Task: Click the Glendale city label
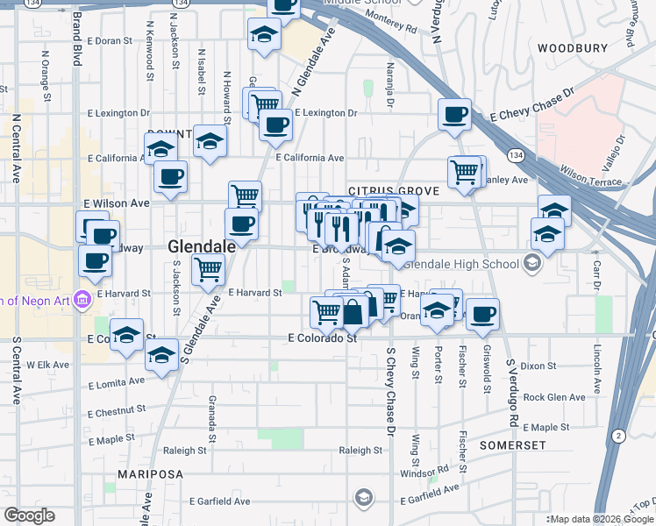(202, 247)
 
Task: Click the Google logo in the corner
(29, 515)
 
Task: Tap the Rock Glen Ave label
(553, 397)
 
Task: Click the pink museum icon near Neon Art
(82, 300)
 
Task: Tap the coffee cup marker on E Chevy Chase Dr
(455, 115)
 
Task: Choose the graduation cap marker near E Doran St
(262, 35)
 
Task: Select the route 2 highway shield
(619, 436)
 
